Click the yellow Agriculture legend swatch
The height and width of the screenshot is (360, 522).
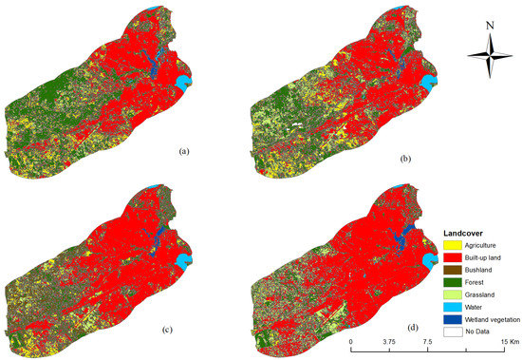(x=453, y=245)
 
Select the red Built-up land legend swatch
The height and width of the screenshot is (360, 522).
(x=453, y=257)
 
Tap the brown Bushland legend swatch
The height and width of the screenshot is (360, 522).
(x=453, y=270)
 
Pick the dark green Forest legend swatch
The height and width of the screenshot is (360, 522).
(x=453, y=282)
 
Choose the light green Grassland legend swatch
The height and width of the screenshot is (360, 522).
(x=453, y=294)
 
